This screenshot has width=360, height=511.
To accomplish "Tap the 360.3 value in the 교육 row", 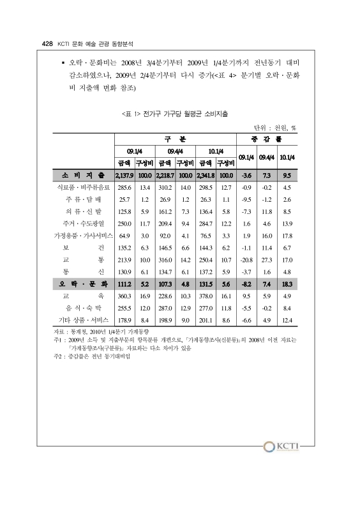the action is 124,296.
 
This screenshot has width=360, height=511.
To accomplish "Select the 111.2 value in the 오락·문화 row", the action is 124,283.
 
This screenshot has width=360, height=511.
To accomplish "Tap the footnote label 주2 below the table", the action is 61,356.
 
